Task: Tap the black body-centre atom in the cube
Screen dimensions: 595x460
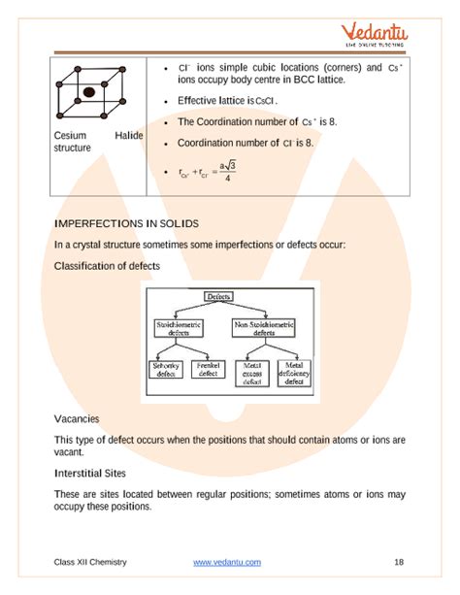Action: click(x=88, y=92)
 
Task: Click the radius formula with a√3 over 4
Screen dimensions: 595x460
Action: click(x=205, y=172)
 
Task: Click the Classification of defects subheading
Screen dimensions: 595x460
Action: click(x=108, y=265)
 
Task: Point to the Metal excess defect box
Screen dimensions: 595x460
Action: click(x=252, y=374)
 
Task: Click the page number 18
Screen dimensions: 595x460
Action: click(x=399, y=562)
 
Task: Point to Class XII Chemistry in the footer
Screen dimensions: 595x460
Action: click(x=90, y=562)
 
